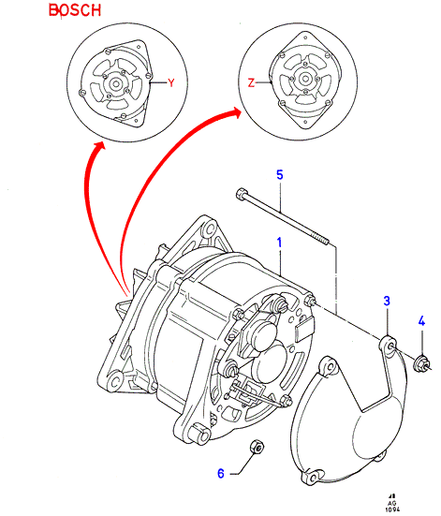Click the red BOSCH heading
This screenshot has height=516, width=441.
pos(75,10)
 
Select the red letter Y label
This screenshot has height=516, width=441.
pos(170,83)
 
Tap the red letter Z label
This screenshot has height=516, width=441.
pos(251,82)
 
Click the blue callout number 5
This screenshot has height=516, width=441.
pos(279,174)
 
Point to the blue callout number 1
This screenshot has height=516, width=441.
pos(279,243)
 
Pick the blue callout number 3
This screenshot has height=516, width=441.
pos(387,301)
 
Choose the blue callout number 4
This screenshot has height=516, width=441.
pos(421,321)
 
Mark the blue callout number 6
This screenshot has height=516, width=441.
pos(221,473)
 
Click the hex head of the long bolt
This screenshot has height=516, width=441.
pos(241,193)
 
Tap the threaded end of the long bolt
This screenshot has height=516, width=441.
pos(322,239)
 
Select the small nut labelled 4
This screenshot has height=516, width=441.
pos(421,363)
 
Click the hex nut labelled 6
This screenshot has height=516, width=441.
pos(257,448)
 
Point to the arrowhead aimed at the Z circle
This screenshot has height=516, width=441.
pos(234,113)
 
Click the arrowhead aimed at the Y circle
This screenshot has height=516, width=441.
pos(98,148)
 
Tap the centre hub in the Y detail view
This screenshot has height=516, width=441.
pos(116,83)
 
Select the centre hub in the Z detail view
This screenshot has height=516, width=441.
pos(304,79)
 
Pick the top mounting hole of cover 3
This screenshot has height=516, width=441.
pos(390,346)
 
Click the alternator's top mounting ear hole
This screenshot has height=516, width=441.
pos(208,229)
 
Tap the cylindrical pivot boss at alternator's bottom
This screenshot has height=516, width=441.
pos(199,434)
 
